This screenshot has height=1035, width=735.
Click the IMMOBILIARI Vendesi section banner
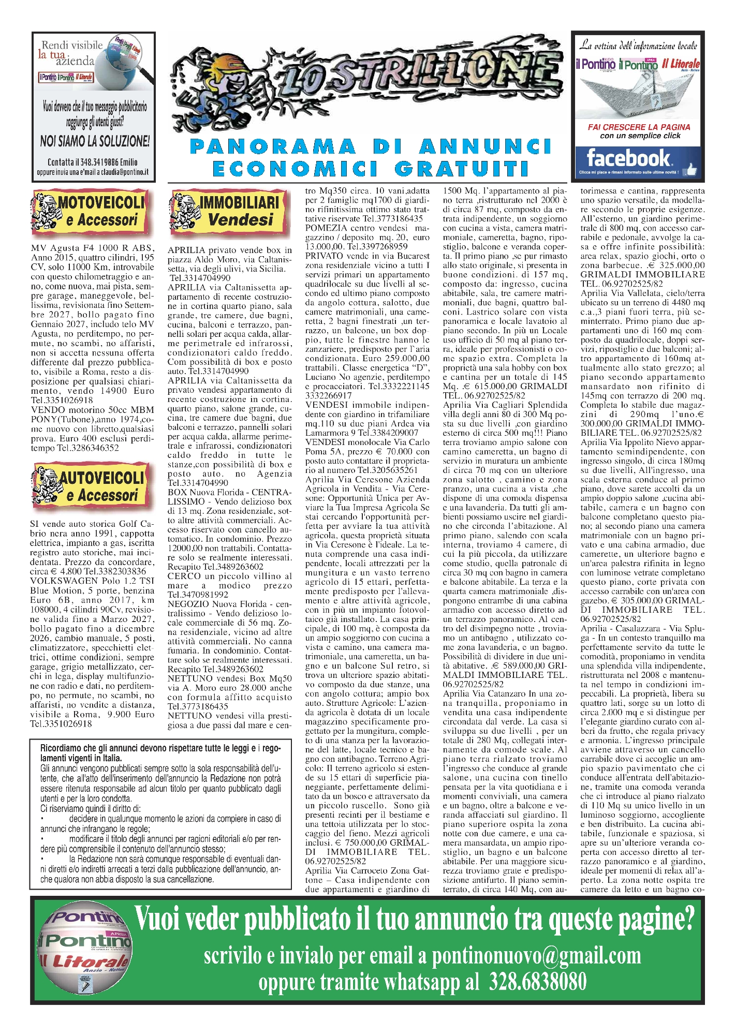(228, 212)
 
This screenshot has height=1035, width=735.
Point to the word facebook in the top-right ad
(628, 158)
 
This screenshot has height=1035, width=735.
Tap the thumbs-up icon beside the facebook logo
(689, 169)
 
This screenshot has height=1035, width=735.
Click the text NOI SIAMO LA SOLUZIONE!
(95, 141)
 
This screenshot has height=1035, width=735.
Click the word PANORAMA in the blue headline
(273, 147)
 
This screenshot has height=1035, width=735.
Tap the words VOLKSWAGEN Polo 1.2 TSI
(93, 581)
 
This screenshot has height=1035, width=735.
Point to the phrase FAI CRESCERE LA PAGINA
(639, 127)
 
